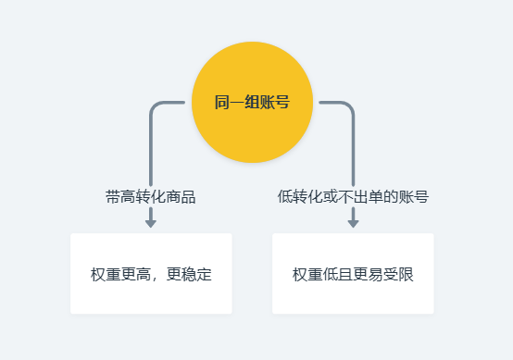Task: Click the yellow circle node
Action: [252, 102]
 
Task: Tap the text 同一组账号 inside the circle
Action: [252, 102]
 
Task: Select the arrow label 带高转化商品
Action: [151, 196]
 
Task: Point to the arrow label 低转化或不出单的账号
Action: [353, 196]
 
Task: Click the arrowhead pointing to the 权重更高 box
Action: [151, 222]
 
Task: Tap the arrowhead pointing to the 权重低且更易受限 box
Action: [353, 222]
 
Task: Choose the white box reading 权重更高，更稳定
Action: [151, 274]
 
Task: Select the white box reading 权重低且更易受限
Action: [353, 274]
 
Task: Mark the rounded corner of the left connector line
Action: [155, 105]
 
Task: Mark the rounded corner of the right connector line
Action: [349, 105]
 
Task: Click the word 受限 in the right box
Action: [398, 275]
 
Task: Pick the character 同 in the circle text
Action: [222, 102]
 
